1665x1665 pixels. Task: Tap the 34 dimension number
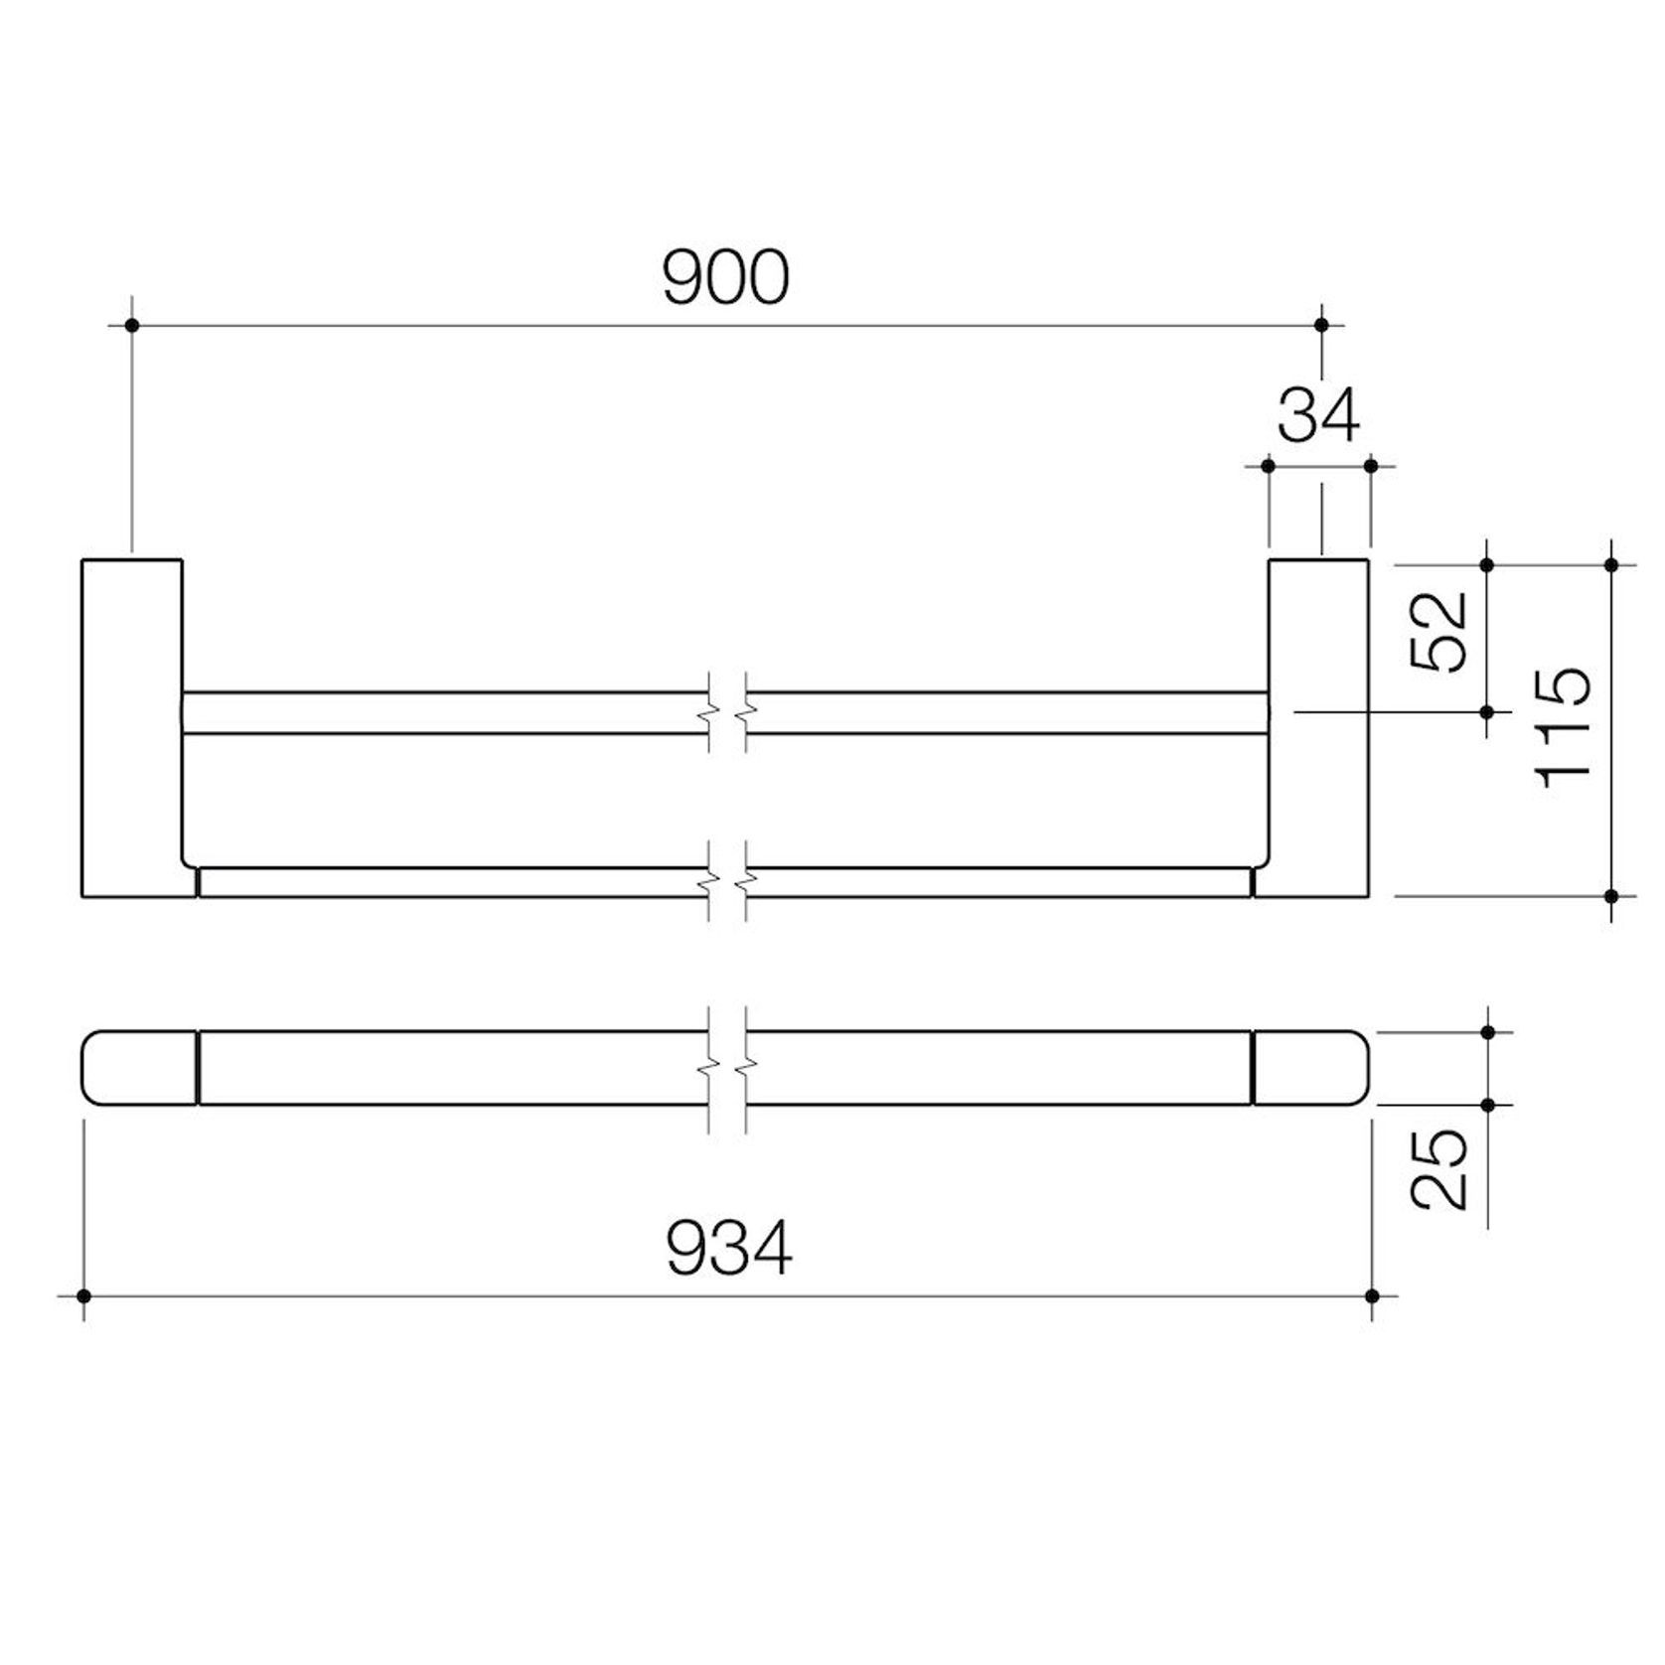(1318, 416)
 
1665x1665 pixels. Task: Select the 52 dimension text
(1440, 632)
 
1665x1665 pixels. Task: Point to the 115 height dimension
(1565, 728)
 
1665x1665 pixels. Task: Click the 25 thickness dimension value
(1440, 1168)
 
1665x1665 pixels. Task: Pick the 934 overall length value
(729, 1249)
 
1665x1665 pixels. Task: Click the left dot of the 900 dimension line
(132, 325)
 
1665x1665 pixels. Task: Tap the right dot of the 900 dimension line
(1321, 325)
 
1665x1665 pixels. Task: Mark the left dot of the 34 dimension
(1269, 465)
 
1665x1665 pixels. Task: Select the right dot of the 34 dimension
(1371, 465)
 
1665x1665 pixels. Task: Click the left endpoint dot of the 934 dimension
(83, 1296)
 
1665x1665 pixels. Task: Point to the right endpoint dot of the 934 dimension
(1372, 1296)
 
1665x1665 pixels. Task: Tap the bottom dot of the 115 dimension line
(1611, 896)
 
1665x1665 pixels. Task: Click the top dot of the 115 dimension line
(1611, 564)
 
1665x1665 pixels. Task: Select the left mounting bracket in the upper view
(132, 728)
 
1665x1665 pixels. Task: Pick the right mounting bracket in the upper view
(1318, 728)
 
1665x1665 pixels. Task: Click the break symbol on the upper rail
(728, 713)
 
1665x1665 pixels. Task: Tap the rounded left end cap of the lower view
(139, 1068)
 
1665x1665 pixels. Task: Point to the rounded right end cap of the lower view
(1309, 1068)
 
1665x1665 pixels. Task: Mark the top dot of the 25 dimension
(1487, 1033)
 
